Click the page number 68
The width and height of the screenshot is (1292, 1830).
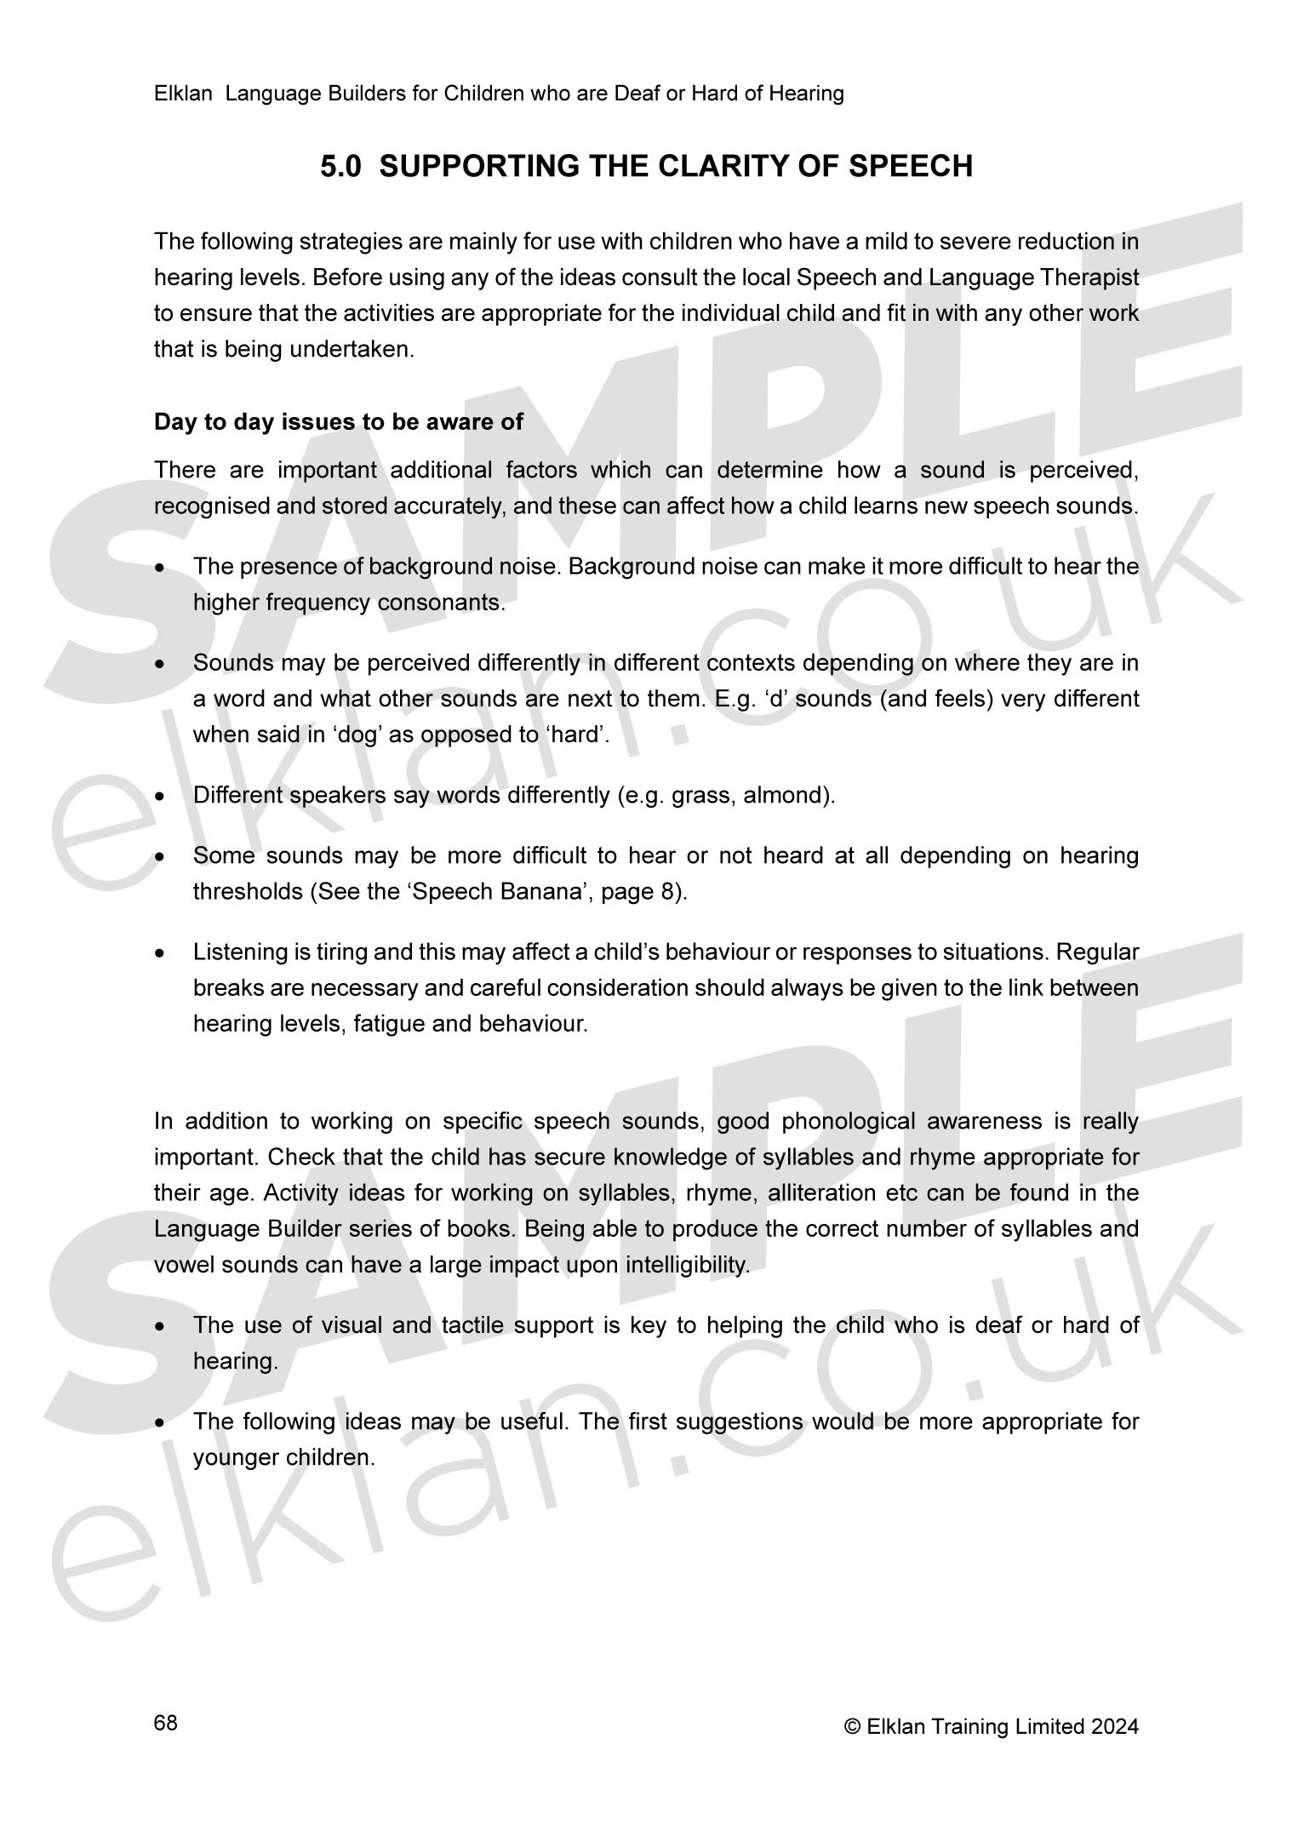[x=166, y=1723]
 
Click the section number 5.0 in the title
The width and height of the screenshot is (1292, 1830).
[x=340, y=166]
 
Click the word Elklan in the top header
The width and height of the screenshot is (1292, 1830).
[x=182, y=94]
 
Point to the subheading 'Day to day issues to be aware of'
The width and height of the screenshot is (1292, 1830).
[x=339, y=422]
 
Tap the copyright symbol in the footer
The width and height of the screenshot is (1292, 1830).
[x=852, y=1726]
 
